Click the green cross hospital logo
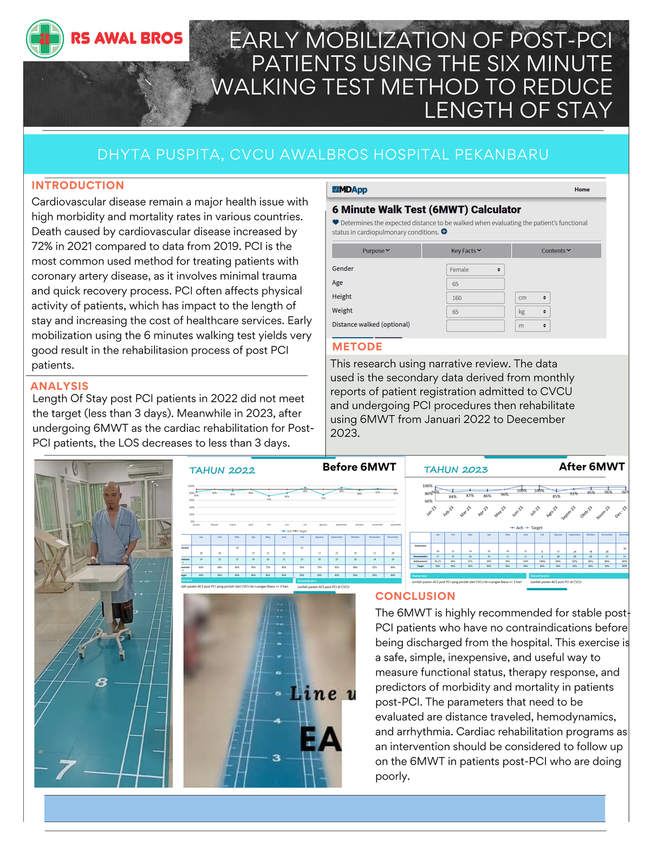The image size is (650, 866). click(45, 38)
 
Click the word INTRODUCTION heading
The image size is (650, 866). click(78, 186)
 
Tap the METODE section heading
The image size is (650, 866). click(357, 347)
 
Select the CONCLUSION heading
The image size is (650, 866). click(415, 596)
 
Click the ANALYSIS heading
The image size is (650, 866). click(60, 386)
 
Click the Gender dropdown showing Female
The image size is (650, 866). click(475, 270)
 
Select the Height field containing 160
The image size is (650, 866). click(475, 298)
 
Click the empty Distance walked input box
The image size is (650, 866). click(475, 326)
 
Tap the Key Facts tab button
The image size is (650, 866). click(466, 251)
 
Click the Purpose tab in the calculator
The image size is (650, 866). click(376, 251)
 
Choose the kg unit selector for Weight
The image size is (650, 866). click(532, 312)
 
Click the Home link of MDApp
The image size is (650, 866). click(582, 189)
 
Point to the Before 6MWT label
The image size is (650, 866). click(359, 467)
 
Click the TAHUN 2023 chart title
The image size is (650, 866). click(456, 470)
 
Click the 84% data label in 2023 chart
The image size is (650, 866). click(453, 496)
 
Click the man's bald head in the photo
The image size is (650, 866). click(112, 490)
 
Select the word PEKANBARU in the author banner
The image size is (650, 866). click(502, 155)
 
